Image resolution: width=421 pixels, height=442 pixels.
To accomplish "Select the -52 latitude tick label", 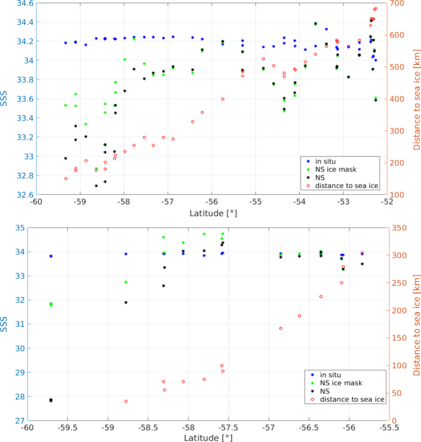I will (x=387, y=201).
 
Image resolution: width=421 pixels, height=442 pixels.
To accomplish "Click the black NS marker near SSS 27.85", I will (x=50, y=400).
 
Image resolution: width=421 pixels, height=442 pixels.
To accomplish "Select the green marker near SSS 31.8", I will (x=50, y=305).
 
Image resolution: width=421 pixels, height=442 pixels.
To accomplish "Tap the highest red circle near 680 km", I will (x=375, y=9).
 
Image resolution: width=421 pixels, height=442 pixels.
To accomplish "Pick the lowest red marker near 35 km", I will (x=126, y=401).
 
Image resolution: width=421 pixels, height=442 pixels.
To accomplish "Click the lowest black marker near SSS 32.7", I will (x=96, y=186).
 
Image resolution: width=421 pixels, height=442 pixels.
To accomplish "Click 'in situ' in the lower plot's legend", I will (x=330, y=374).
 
